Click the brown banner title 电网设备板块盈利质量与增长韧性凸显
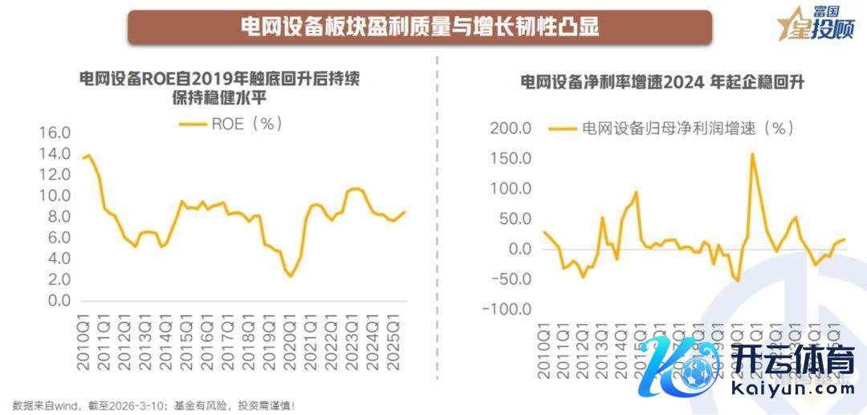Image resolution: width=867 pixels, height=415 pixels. (x=420, y=26)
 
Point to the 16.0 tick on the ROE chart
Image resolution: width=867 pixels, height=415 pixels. (x=55, y=132)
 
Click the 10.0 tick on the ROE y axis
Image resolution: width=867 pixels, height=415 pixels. (x=55, y=196)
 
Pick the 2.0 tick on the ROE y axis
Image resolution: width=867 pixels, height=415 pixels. (x=58, y=280)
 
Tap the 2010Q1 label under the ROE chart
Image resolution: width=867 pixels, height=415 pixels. (x=82, y=345)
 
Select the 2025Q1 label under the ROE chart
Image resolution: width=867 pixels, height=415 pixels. (x=393, y=345)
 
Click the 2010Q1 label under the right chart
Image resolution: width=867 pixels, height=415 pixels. (x=543, y=345)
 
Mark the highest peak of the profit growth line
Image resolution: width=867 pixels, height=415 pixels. (x=752, y=153)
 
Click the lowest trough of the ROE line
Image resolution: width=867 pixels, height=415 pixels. (x=291, y=277)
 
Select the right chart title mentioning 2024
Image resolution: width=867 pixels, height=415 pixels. (x=662, y=83)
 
